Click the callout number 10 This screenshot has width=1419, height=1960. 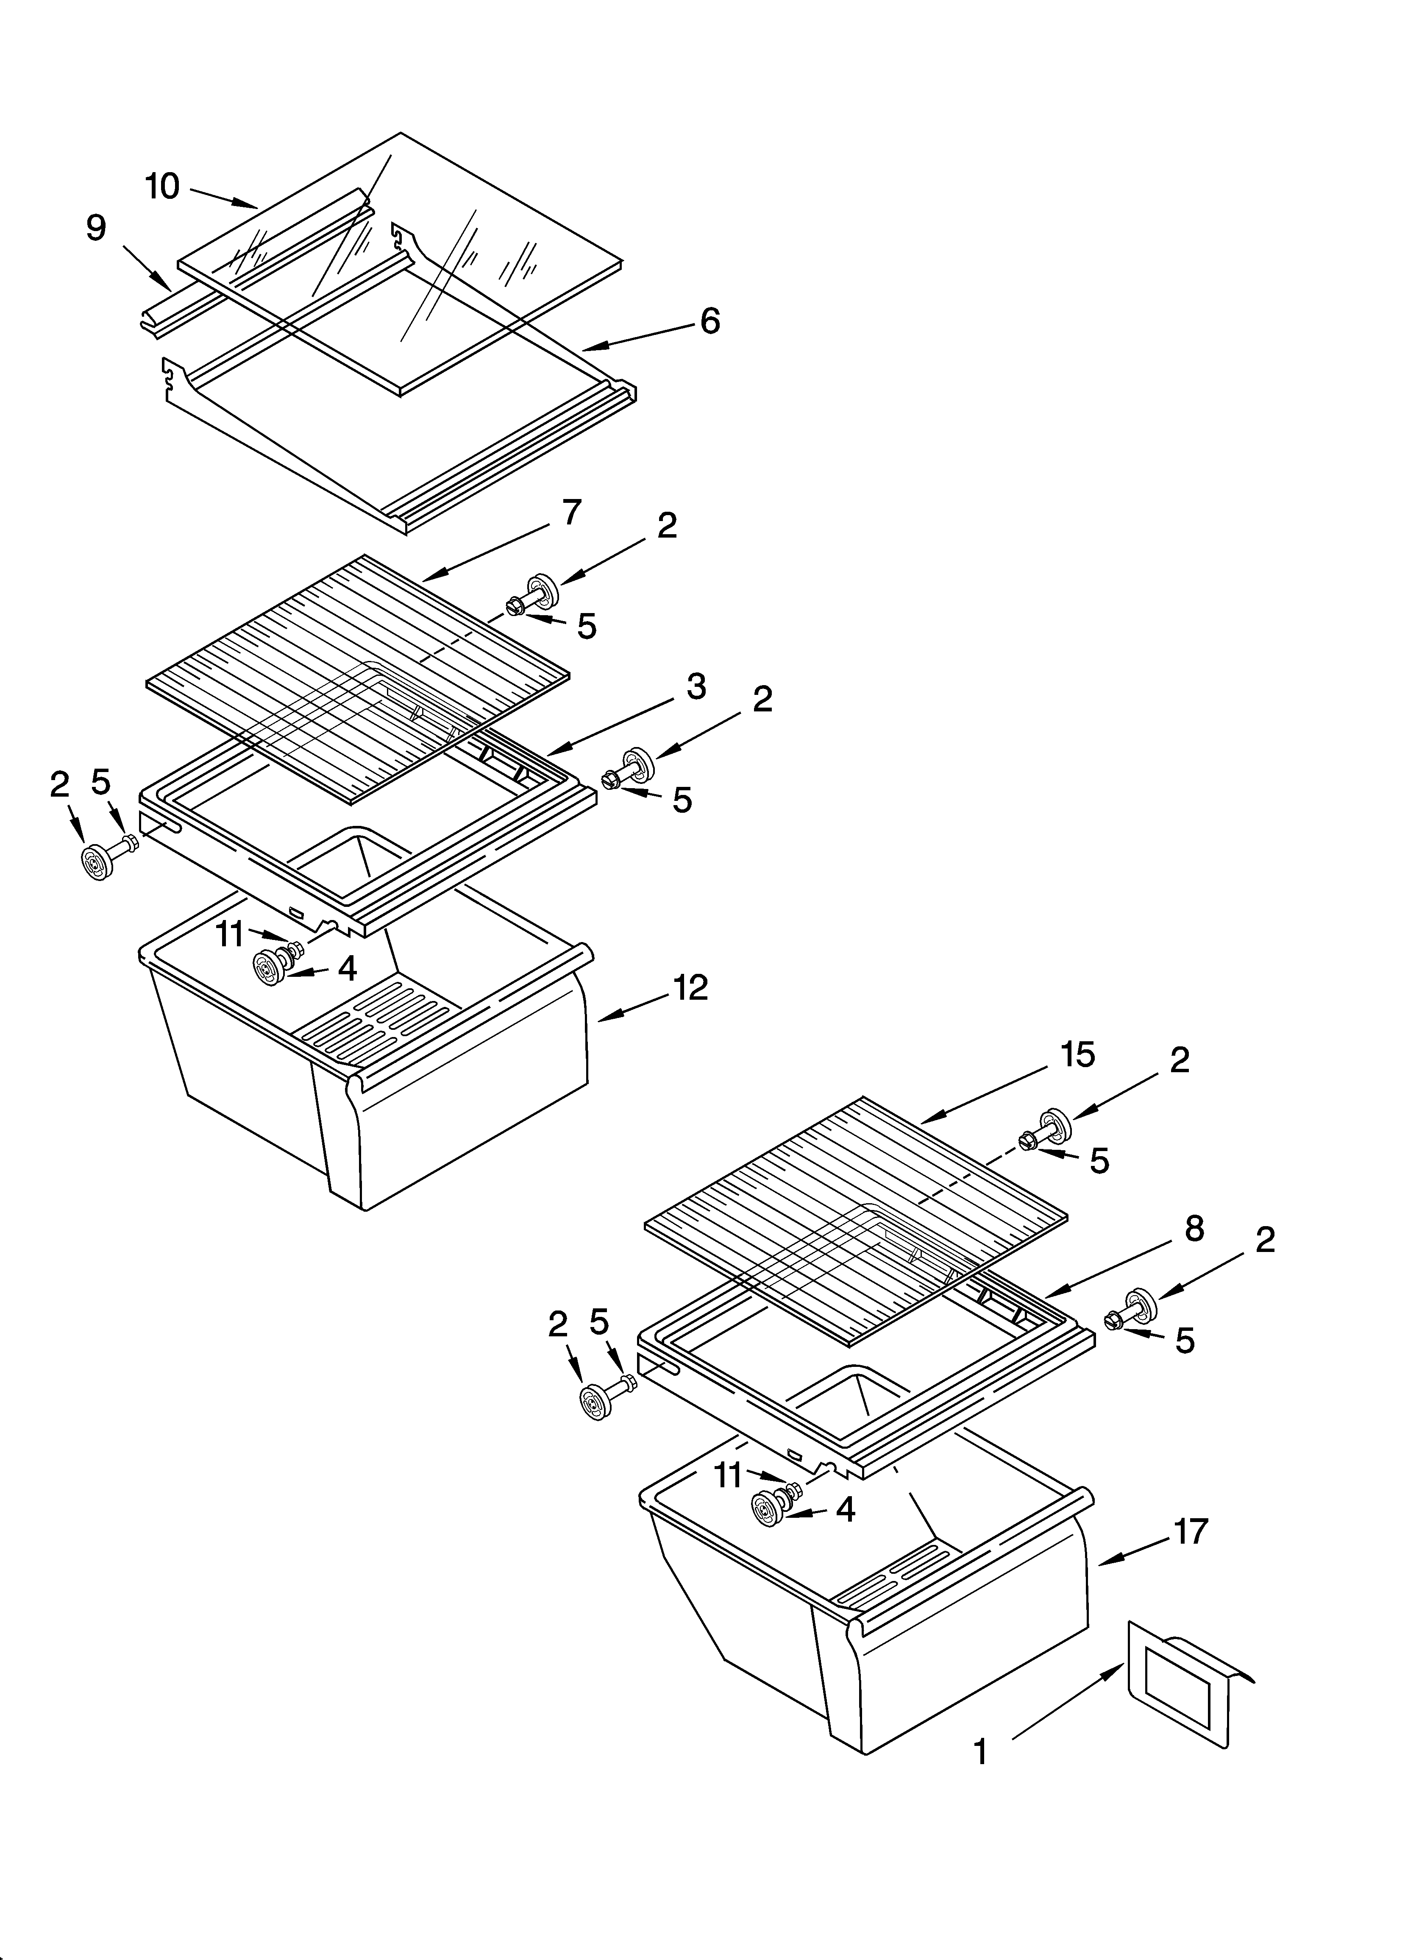(x=162, y=186)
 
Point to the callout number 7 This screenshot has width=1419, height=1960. (x=570, y=513)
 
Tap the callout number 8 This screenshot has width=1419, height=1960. (x=1194, y=1228)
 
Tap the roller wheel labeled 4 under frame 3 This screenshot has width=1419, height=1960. (x=270, y=965)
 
